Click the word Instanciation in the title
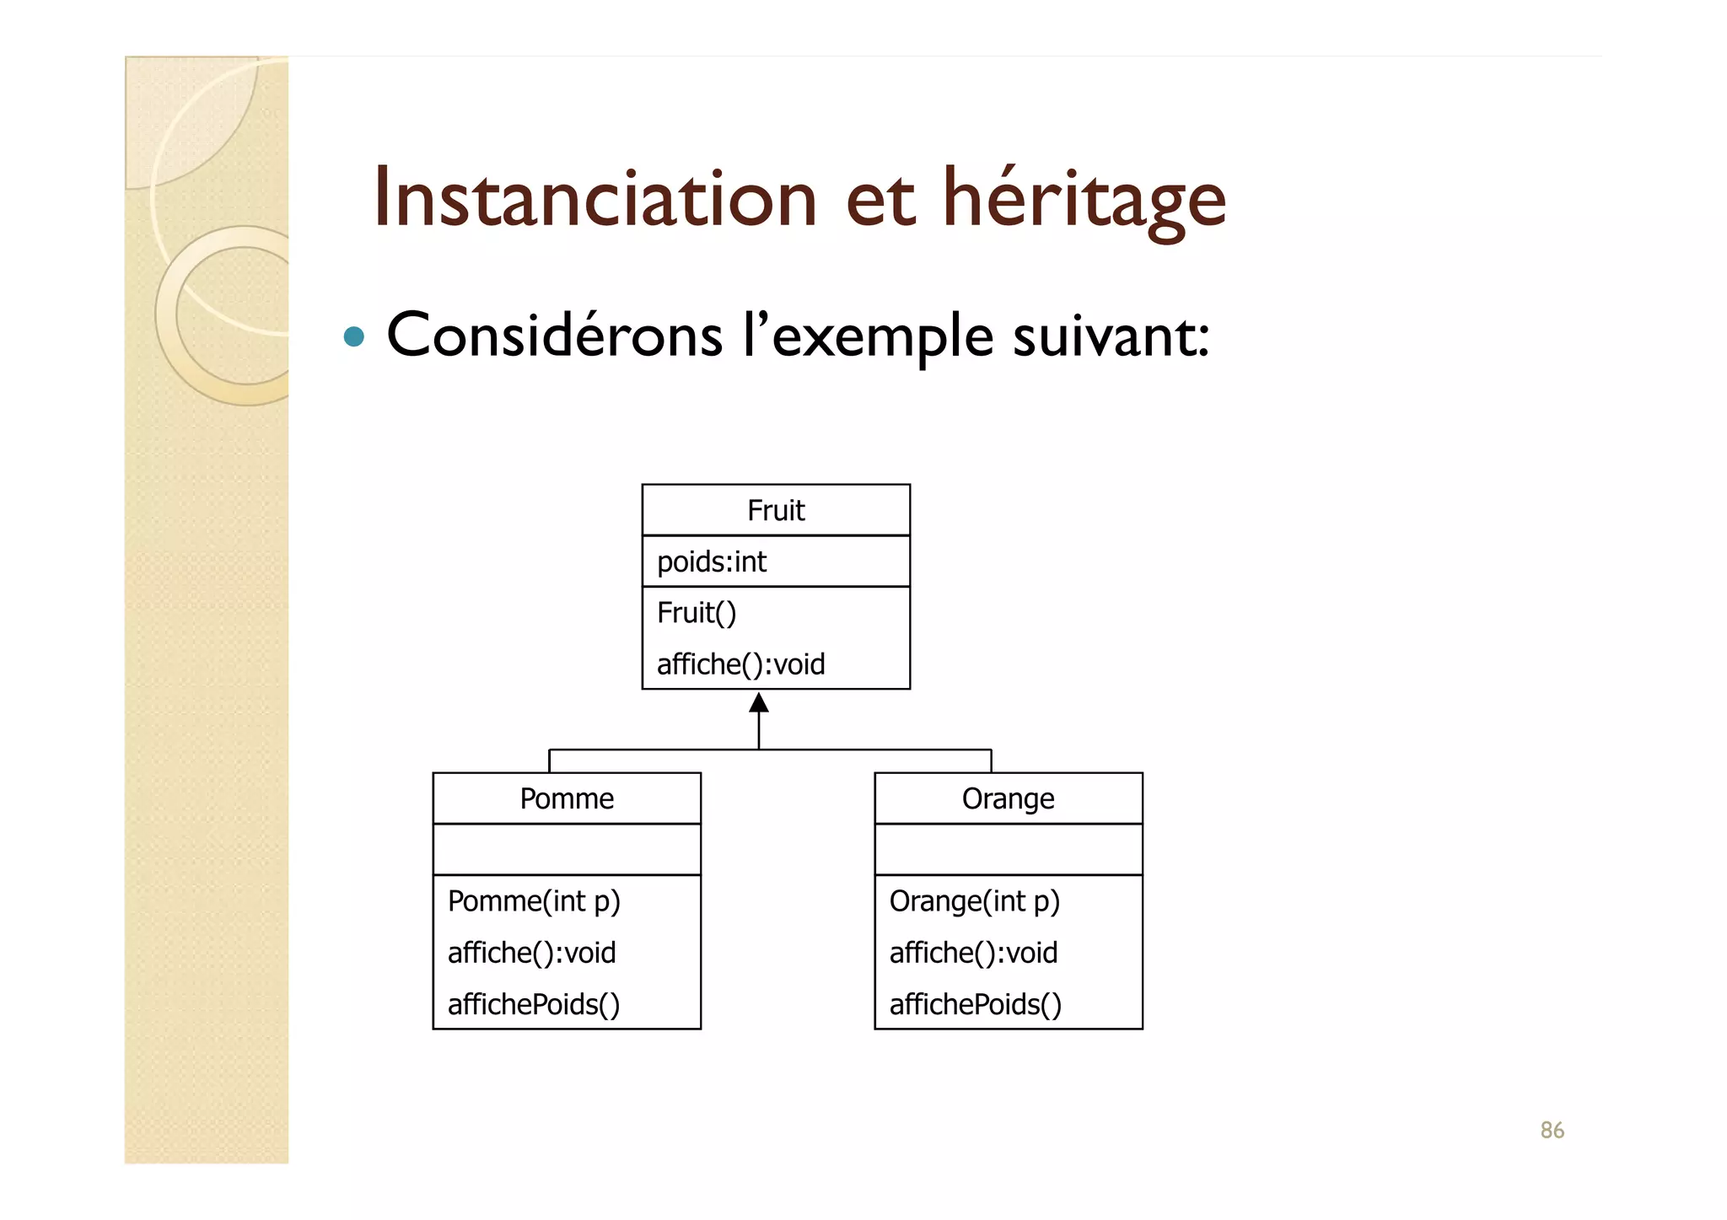pyautogui.click(x=594, y=199)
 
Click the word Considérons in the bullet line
pyautogui.click(x=554, y=336)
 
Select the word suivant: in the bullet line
pyautogui.click(x=1111, y=336)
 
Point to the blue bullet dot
pyautogui.click(x=354, y=337)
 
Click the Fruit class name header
pyautogui.click(x=776, y=510)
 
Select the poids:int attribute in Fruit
pyautogui.click(x=712, y=562)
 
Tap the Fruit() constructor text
pyautogui.click(x=697, y=613)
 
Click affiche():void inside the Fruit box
pyautogui.click(x=740, y=664)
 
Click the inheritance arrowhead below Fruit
pyautogui.click(x=759, y=702)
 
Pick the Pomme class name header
pyautogui.click(x=567, y=798)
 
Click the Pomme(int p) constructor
pyautogui.click(x=534, y=901)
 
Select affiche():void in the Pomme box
pyautogui.click(x=531, y=953)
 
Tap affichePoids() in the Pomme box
pyautogui.click(x=534, y=1004)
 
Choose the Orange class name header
pyautogui.click(x=1008, y=798)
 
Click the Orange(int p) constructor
pyautogui.click(x=974, y=901)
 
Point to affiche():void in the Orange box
pyautogui.click(x=973, y=953)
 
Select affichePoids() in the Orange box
pyautogui.click(x=976, y=1004)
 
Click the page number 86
pyautogui.click(x=1552, y=1130)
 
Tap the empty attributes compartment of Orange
pyautogui.click(x=1009, y=850)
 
